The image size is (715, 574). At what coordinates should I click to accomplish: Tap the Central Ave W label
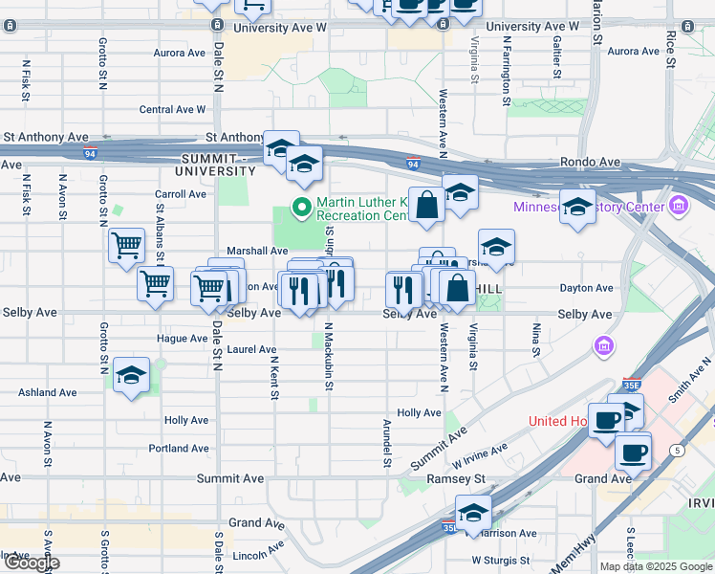click(x=173, y=110)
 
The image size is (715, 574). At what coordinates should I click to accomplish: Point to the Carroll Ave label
click(x=181, y=193)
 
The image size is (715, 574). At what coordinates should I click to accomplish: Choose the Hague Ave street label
click(x=182, y=339)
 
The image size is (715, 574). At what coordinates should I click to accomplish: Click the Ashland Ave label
click(x=48, y=392)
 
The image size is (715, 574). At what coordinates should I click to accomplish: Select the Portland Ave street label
click(x=179, y=448)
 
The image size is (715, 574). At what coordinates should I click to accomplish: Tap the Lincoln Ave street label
click(x=258, y=553)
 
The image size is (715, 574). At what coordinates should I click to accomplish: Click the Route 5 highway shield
click(x=677, y=450)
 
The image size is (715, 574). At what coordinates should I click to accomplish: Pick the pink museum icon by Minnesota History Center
click(x=679, y=204)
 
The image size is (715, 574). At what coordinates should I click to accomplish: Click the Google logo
click(x=31, y=563)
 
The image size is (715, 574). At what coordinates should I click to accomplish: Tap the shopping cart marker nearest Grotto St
click(x=126, y=246)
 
